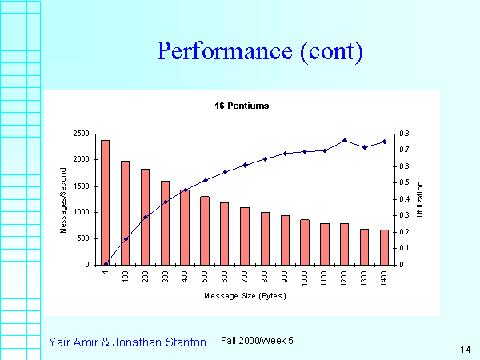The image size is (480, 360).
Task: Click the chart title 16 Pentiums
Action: (x=241, y=105)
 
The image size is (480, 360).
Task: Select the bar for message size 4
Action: (x=105, y=202)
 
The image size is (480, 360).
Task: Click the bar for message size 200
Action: (x=145, y=217)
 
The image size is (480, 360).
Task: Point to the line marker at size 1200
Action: (x=345, y=141)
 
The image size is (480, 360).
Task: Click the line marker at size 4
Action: (x=106, y=263)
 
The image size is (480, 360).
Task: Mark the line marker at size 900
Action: (x=285, y=154)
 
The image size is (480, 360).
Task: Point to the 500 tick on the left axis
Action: (x=83, y=238)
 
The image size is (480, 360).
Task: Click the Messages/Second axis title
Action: (x=63, y=200)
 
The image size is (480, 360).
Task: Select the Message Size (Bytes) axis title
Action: (x=245, y=296)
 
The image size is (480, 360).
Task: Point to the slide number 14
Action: (x=466, y=349)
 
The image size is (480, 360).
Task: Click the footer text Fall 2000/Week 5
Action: (x=257, y=341)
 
